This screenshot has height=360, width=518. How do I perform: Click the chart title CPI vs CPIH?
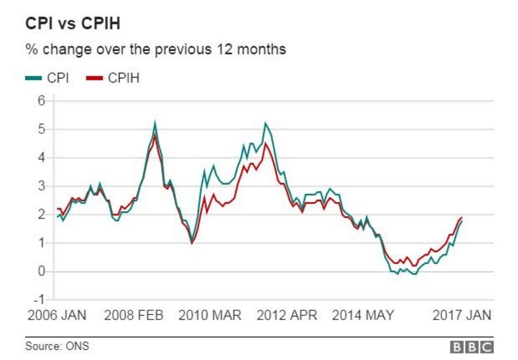(73, 24)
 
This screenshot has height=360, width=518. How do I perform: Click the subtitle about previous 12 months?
(156, 50)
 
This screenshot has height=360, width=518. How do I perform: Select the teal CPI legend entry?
(48, 78)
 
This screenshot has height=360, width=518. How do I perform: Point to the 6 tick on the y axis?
(42, 101)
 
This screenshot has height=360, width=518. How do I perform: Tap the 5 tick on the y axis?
(42, 129)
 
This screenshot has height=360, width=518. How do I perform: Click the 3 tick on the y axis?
(42, 187)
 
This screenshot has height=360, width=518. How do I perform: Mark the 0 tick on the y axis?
(42, 272)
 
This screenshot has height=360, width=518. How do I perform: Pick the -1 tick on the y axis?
(40, 300)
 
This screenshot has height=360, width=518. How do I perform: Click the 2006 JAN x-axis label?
(57, 316)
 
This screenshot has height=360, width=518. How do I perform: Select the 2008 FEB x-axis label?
(134, 316)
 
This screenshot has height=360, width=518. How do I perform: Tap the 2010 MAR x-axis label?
(210, 316)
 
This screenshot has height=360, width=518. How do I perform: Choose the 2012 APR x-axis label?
(287, 316)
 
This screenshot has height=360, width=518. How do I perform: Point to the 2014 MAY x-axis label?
(363, 316)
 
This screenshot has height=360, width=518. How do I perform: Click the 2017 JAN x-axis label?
(462, 316)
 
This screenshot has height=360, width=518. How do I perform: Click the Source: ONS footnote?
(57, 346)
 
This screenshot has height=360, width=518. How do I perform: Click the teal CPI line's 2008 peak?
(155, 122)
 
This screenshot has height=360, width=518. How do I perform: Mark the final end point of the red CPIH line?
(461, 217)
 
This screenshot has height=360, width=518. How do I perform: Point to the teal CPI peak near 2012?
(265, 123)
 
